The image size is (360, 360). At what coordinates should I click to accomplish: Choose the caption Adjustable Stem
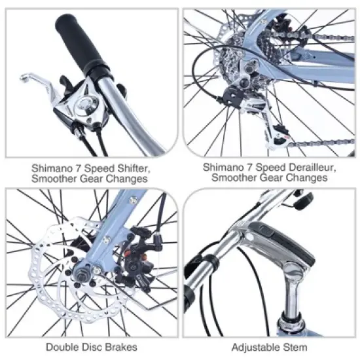pyautogui.click(x=269, y=346)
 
